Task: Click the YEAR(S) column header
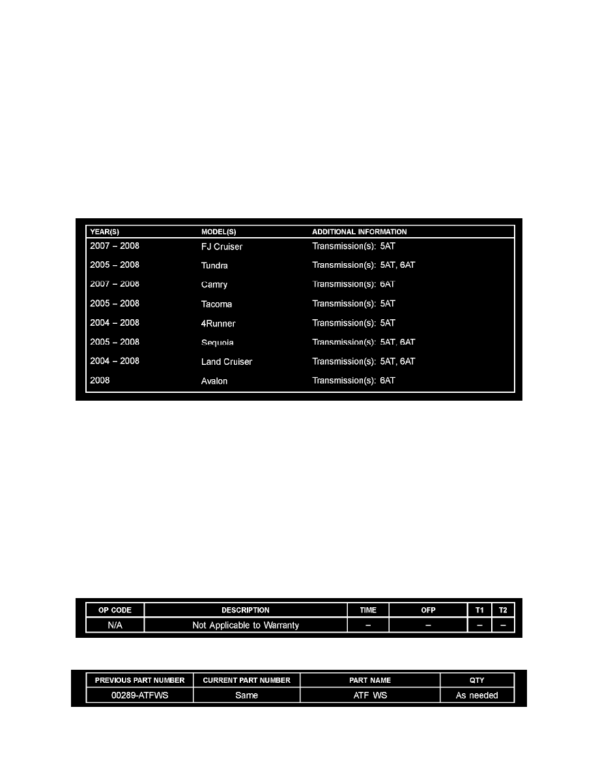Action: (104, 232)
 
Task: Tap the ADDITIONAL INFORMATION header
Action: (360, 232)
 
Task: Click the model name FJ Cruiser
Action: (221, 247)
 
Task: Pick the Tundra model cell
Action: (214, 266)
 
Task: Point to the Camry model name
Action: (214, 285)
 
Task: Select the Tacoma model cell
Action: (216, 304)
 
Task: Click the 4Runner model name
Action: (218, 323)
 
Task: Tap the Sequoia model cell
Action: (218, 343)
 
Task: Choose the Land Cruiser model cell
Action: (227, 362)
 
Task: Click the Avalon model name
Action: (214, 381)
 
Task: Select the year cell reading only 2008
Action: (100, 380)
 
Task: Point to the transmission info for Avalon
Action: (354, 380)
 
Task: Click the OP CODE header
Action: (115, 610)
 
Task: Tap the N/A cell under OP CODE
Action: (115, 625)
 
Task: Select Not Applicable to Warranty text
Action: (246, 625)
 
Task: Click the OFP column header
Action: (428, 610)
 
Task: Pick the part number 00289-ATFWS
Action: (139, 695)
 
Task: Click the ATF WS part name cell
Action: (370, 695)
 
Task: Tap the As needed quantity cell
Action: (477, 695)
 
